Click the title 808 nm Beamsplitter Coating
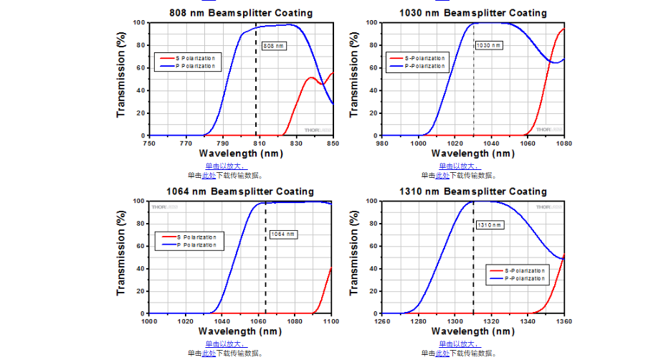pyautogui.click(x=241, y=13)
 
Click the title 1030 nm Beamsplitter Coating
pyautogui.click(x=473, y=13)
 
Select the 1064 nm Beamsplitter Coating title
pyautogui.click(x=240, y=191)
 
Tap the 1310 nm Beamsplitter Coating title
pyautogui.click(x=473, y=191)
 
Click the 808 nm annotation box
pyautogui.click(x=274, y=46)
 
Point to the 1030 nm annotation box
pyautogui.click(x=488, y=45)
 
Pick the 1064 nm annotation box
pyautogui.click(x=282, y=234)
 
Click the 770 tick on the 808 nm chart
pyautogui.click(x=186, y=143)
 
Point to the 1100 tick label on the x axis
pyautogui.click(x=330, y=321)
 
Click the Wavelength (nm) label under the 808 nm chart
pyautogui.click(x=240, y=153)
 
